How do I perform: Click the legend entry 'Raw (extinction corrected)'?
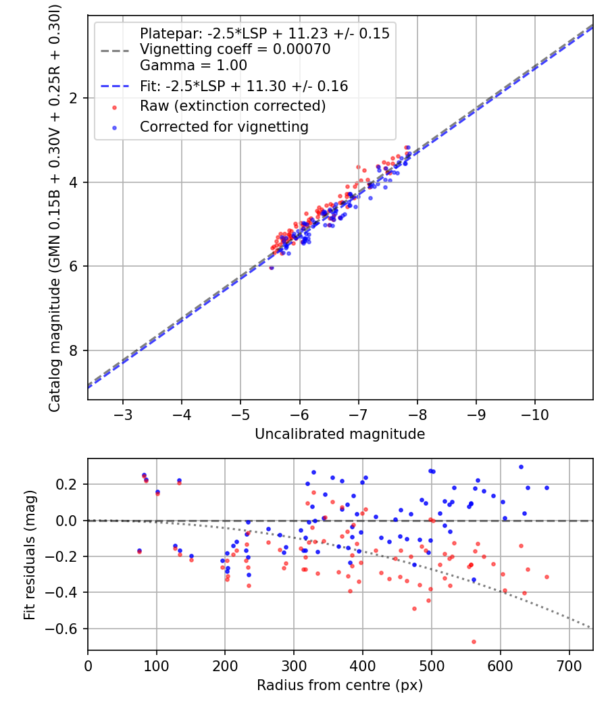232,106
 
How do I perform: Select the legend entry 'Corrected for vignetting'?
224,126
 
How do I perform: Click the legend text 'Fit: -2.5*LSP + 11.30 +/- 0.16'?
244,86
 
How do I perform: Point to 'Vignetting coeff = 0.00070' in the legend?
235,49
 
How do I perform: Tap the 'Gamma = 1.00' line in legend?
193,65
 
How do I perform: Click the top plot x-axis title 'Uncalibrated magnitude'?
340,434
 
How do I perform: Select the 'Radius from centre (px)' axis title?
340,685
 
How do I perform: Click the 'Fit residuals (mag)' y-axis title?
29,554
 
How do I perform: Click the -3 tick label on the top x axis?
122,413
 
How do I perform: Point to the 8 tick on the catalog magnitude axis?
75,350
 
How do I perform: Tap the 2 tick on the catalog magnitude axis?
75,98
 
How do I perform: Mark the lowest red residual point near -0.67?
474,641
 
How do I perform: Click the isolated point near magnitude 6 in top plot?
272,267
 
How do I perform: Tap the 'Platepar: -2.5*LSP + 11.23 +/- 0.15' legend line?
264,33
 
